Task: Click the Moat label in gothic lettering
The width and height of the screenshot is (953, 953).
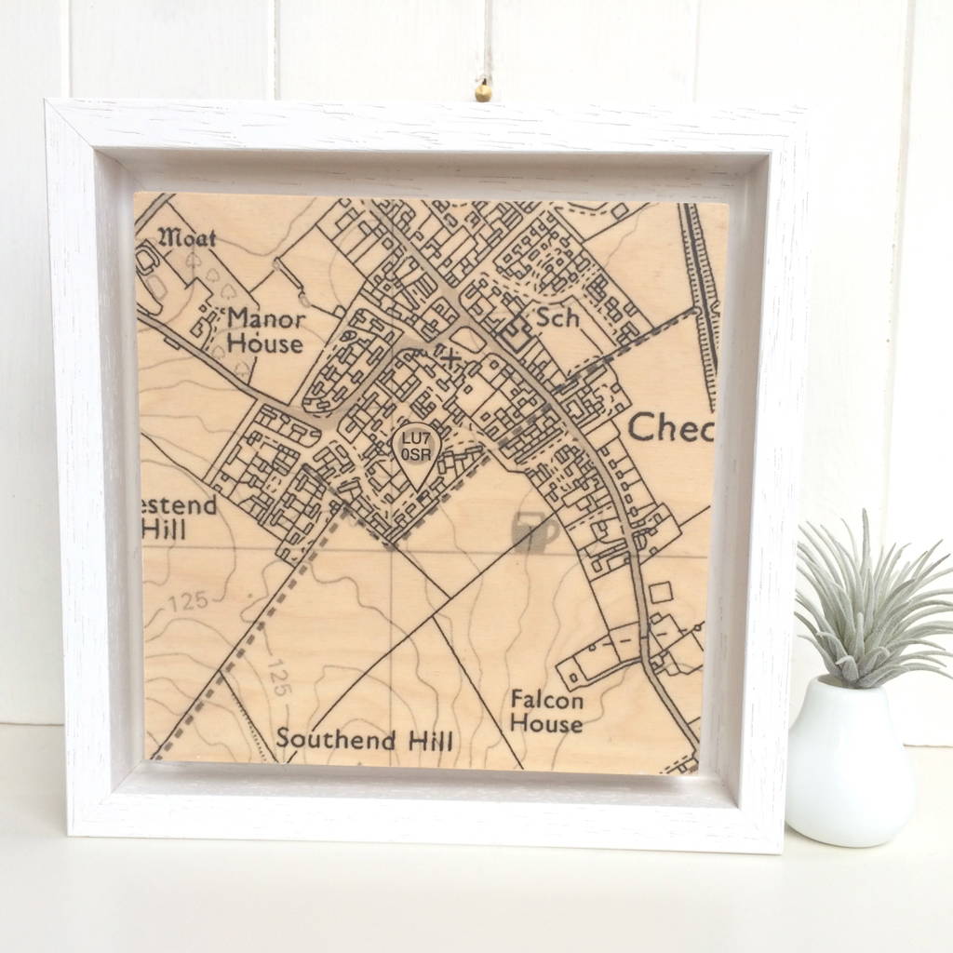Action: tap(190, 238)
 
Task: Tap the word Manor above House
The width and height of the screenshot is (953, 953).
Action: tap(266, 319)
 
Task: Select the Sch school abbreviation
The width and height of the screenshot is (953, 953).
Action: tap(557, 317)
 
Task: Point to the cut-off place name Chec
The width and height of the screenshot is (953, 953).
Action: tap(670, 428)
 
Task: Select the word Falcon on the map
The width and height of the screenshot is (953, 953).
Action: tap(546, 699)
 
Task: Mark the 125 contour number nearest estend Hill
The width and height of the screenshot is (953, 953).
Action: tap(189, 602)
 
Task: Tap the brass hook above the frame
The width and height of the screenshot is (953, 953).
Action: tap(483, 91)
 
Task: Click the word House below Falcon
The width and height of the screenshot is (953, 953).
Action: tap(546, 723)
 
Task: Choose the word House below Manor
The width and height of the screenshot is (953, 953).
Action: tap(266, 343)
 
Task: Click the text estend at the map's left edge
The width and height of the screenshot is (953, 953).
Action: tap(180, 506)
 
